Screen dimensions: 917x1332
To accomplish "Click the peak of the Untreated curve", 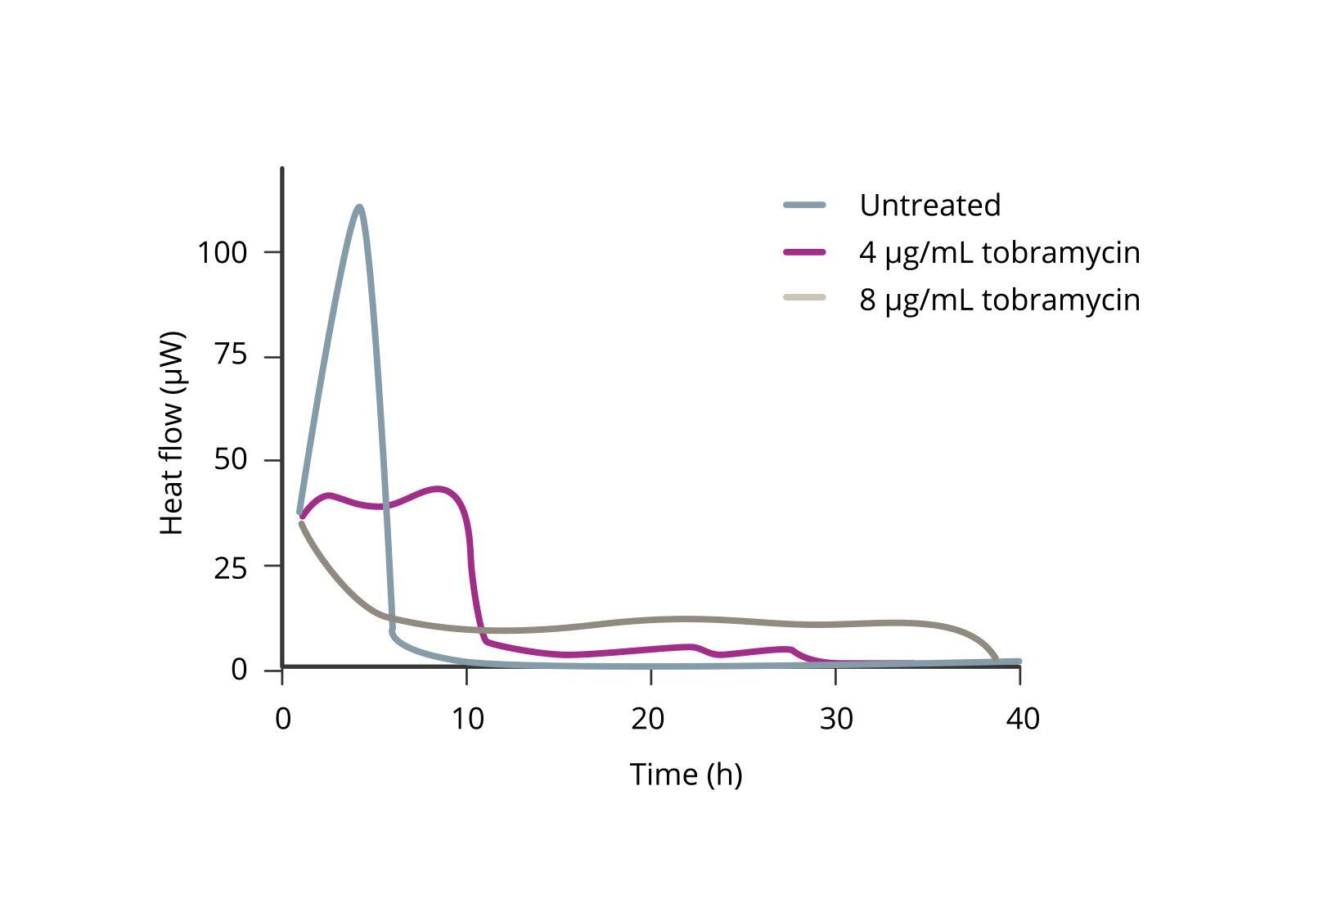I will (x=359, y=207).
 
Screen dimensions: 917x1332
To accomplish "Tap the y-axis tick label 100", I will (x=222, y=252).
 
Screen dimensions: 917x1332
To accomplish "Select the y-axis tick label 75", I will (x=230, y=356).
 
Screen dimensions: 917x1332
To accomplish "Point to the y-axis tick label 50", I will (x=230, y=460).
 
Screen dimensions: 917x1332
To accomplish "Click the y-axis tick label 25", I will (x=230, y=566).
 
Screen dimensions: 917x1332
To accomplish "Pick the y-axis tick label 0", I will (x=239, y=670).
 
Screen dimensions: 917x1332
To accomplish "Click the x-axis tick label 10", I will (x=467, y=719).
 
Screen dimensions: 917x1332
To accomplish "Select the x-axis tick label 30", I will (x=835, y=719).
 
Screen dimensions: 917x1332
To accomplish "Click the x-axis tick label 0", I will (x=283, y=719).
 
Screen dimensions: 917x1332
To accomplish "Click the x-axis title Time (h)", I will (x=686, y=774).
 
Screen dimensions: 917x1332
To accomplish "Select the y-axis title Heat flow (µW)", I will (x=172, y=433).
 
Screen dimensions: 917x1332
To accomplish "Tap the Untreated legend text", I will (x=929, y=205).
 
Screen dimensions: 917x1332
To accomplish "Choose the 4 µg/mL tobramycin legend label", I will (x=999, y=252).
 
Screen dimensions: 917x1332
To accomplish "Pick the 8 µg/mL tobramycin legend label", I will (x=999, y=300).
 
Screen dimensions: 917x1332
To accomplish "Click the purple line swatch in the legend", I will (x=805, y=252).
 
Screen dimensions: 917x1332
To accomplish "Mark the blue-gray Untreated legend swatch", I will (x=805, y=205).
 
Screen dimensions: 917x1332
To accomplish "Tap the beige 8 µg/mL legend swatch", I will (x=805, y=297).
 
